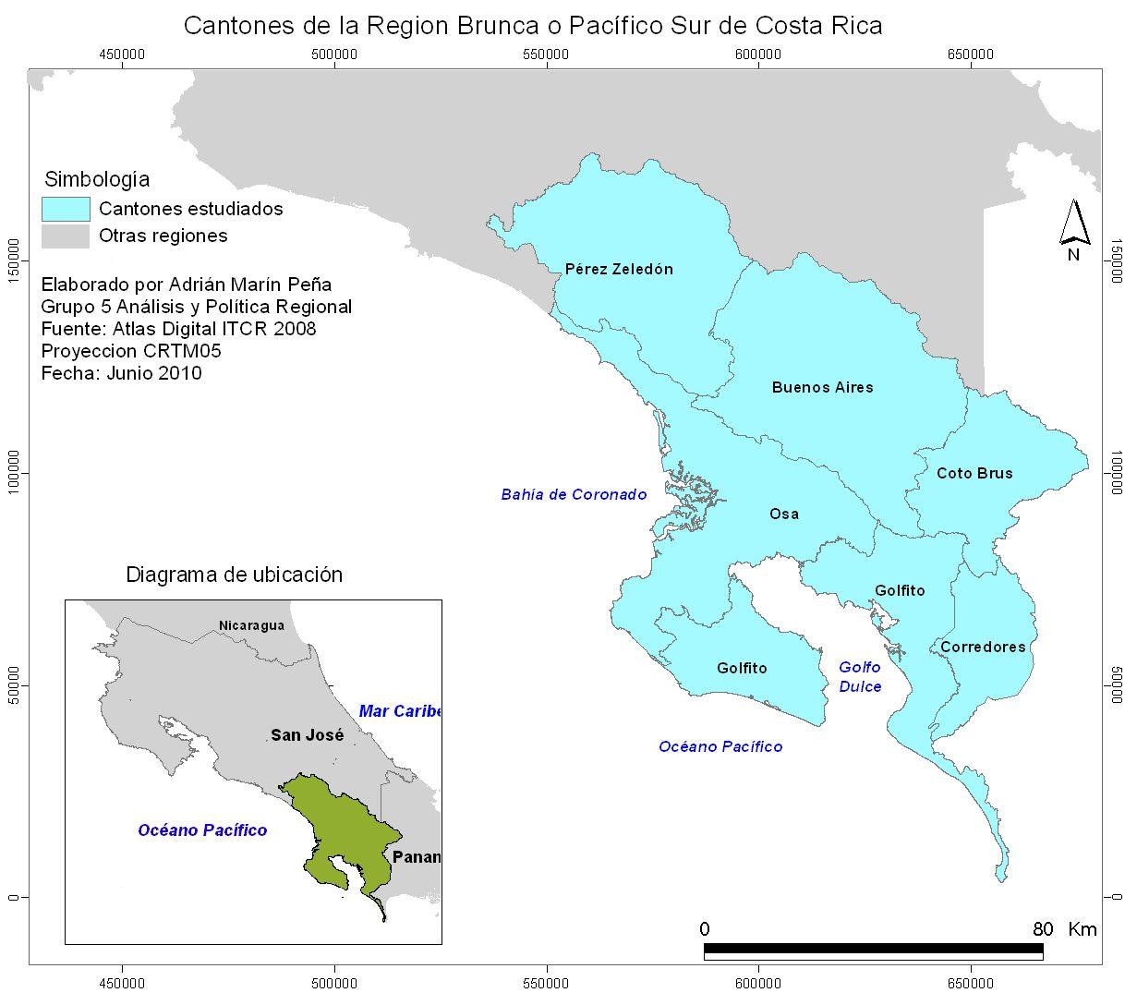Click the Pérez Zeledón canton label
tap(619, 270)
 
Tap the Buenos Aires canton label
tap(822, 388)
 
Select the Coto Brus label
tap(974, 474)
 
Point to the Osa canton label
tap(784, 515)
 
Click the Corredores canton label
tap(983, 648)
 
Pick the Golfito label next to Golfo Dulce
tap(900, 591)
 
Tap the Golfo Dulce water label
tap(860, 677)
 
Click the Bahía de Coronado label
tap(574, 495)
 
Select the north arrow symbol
tap(1074, 226)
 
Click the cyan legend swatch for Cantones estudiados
tap(66, 209)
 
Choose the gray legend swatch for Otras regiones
tap(66, 236)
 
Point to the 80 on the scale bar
tap(1043, 929)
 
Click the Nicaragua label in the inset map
tap(251, 626)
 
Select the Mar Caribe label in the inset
tap(400, 711)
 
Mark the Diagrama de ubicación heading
tap(234, 575)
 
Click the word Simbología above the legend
tap(97, 180)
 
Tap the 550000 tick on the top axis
tap(546, 54)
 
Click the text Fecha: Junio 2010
tap(121, 374)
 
